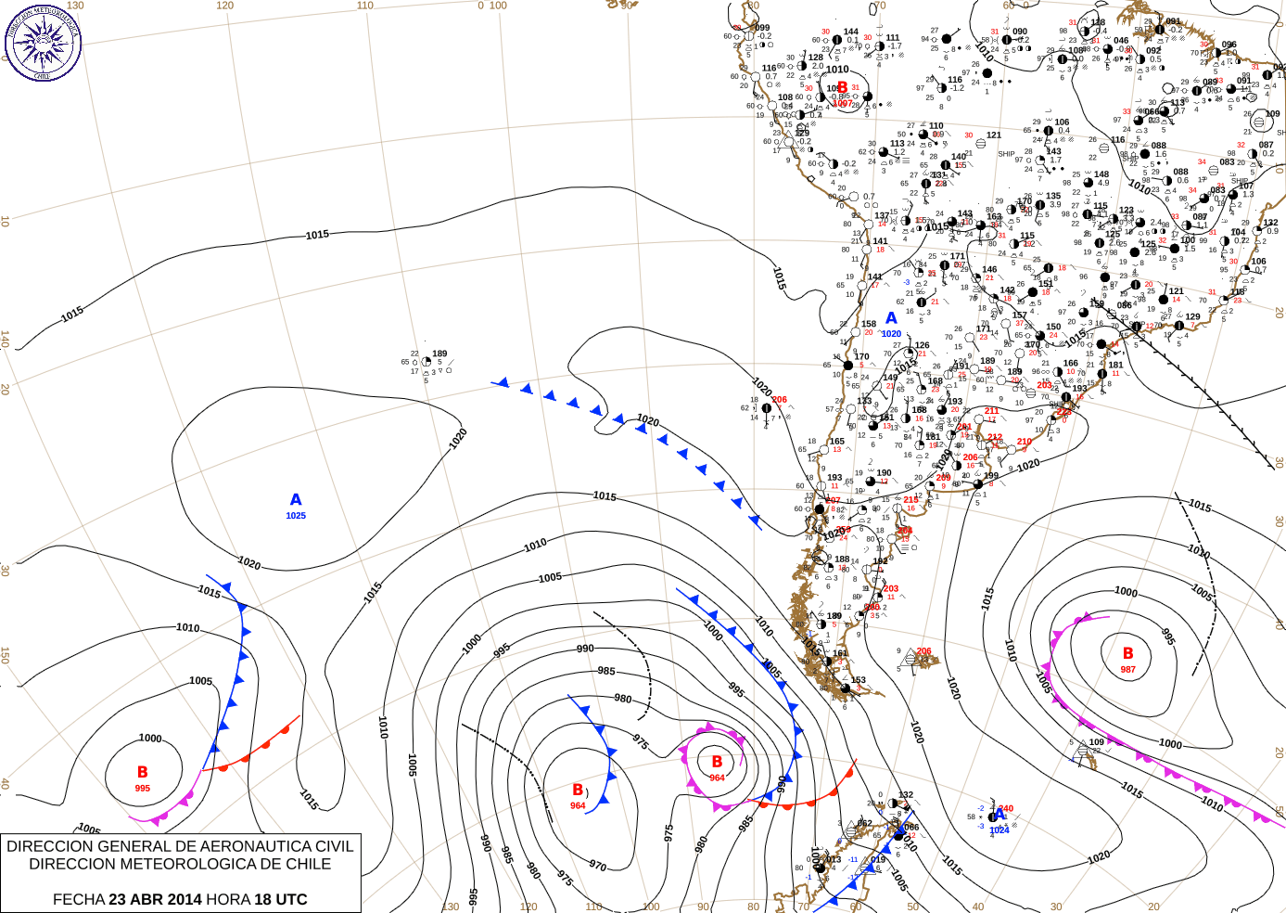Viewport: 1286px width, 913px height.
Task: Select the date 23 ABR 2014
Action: click(155, 899)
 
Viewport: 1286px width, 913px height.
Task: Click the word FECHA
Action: click(79, 899)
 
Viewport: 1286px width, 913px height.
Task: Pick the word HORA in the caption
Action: click(228, 899)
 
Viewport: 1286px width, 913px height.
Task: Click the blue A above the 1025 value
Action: click(296, 500)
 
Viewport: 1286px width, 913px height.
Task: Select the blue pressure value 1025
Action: click(296, 516)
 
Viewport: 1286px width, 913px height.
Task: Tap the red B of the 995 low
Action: click(142, 772)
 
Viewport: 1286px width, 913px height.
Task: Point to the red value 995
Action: click(142, 789)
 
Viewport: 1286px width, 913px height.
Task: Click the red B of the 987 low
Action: click(1127, 653)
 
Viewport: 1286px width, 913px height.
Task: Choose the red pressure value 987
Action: click(1127, 669)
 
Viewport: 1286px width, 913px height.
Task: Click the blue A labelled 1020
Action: click(891, 318)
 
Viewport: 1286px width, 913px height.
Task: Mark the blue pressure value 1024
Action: click(1000, 830)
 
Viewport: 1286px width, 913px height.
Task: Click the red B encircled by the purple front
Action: click(717, 762)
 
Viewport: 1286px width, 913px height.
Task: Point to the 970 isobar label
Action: click(598, 866)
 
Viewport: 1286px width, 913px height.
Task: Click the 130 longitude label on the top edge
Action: click(75, 6)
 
